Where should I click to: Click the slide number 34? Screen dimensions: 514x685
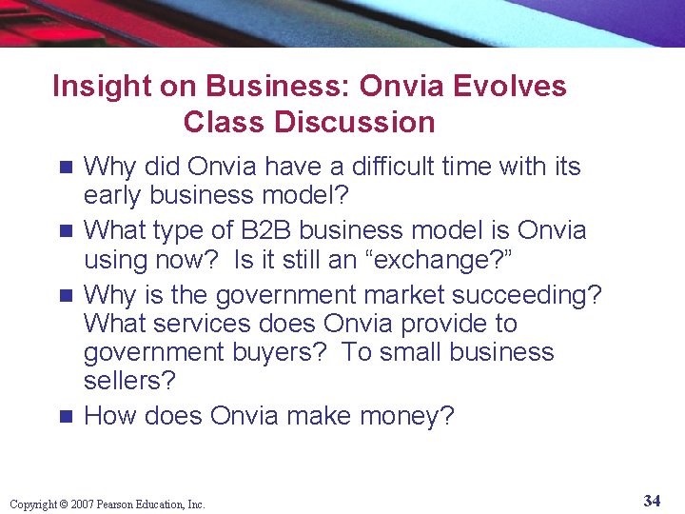(x=652, y=501)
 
